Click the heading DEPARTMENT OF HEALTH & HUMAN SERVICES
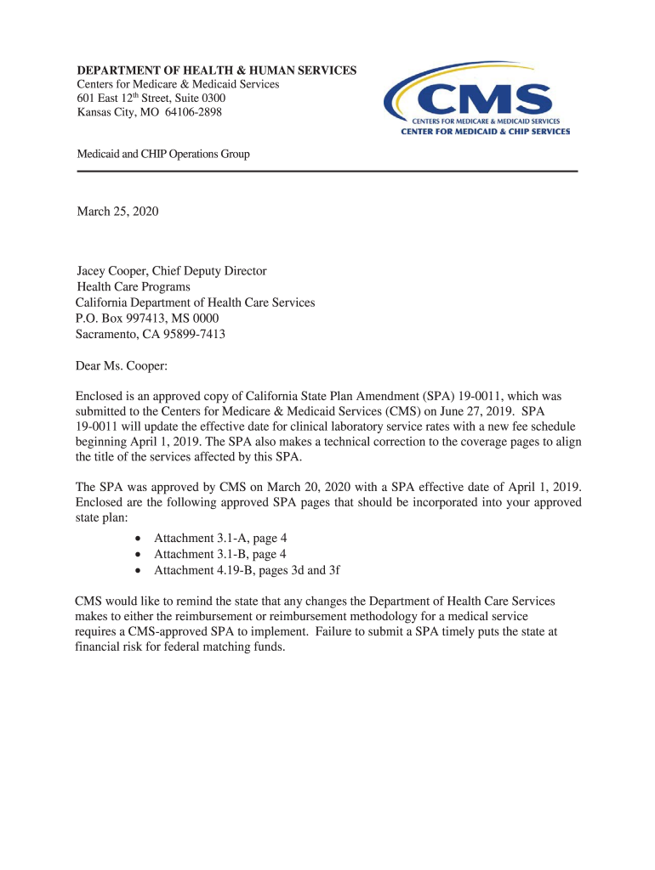(217, 71)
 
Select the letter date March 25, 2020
(117, 211)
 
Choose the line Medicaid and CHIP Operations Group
(163, 154)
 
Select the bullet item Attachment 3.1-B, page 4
(219, 554)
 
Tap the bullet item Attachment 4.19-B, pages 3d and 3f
(247, 570)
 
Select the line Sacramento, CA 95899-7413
(151, 334)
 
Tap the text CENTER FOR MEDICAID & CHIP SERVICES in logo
(485, 131)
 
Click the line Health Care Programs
(134, 287)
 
